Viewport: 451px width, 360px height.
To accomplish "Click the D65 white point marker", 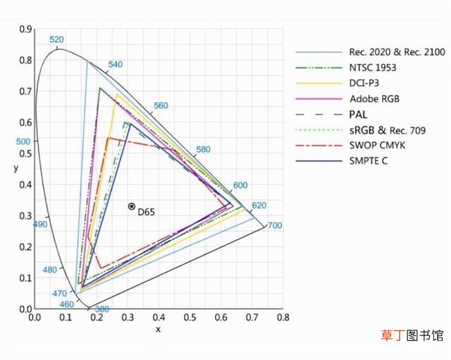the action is point(132,206).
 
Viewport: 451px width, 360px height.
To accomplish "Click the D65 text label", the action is point(146,212).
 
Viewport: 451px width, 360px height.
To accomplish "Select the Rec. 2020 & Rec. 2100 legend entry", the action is point(397,52).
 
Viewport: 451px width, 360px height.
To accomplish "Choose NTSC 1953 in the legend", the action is point(373,68).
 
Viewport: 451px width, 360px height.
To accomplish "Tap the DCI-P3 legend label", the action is point(364,83).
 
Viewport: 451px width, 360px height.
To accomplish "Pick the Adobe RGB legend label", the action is point(374,99).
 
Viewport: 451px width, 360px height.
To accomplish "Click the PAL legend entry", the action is point(358,114).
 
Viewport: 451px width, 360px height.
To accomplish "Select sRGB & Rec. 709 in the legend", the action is point(388,130).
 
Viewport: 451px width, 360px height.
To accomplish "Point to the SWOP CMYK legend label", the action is point(377,145).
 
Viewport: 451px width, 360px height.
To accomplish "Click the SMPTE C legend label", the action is point(369,161).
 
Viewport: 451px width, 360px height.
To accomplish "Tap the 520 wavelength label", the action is point(56,39).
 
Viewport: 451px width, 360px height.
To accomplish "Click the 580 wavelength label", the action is point(203,149).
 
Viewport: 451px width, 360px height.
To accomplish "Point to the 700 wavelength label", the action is point(275,225).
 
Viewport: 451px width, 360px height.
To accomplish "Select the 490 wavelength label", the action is point(40,224).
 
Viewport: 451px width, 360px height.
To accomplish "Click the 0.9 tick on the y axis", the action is point(25,30).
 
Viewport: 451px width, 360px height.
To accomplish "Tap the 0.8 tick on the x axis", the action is point(283,318).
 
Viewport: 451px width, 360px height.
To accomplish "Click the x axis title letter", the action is point(158,330).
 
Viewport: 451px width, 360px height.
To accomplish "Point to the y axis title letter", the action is point(16,168).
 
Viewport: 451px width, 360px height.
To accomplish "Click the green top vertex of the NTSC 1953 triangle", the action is point(100,88).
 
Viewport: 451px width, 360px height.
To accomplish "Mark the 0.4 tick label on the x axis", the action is point(159,318).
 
